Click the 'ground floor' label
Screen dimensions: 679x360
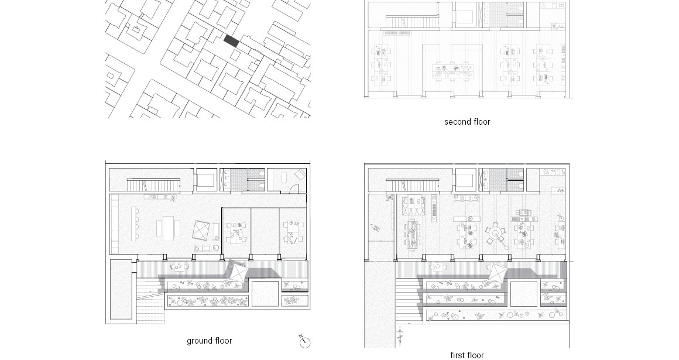point(209,341)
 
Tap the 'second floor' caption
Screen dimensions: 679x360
point(467,122)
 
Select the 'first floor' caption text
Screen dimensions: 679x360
point(467,355)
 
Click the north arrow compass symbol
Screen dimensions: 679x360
point(304,341)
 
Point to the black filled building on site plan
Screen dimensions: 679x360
point(231,41)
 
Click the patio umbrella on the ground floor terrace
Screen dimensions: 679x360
point(238,272)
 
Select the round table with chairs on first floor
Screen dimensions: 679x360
point(495,234)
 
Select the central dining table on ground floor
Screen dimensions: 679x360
point(167,228)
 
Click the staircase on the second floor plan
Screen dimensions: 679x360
point(412,22)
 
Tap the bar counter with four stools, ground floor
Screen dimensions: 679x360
point(133,224)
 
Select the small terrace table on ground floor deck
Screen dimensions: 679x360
point(177,266)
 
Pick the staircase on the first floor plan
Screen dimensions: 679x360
point(412,186)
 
